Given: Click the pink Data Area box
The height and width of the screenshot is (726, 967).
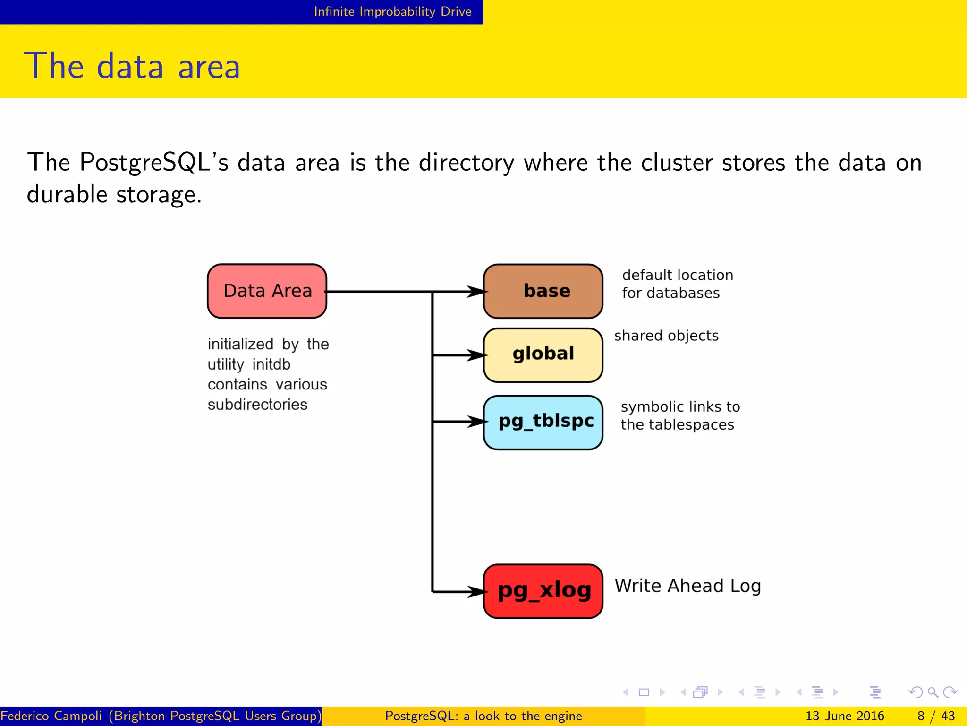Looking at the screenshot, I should pos(267,291).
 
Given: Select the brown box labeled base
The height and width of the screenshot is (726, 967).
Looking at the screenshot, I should pos(543,291).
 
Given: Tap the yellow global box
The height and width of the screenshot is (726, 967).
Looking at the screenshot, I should pos(543,355).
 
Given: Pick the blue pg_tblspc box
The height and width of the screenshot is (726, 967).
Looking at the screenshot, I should pos(543,422).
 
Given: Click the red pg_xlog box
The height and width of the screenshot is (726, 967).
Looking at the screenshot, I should pos(543,591).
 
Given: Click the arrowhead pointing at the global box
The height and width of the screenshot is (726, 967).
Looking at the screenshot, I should pos(476,355).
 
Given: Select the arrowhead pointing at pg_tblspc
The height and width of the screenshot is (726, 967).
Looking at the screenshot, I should pos(476,421).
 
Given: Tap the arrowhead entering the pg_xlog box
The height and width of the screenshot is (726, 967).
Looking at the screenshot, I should pos(476,591).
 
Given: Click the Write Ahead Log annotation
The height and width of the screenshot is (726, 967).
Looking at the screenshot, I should pos(687,586).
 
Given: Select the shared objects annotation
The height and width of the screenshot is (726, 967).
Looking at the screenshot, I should pos(666,336).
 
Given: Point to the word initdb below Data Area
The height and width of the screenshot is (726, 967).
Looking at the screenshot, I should pos(271,364).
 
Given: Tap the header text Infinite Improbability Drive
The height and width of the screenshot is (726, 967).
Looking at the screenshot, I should pos(392,11).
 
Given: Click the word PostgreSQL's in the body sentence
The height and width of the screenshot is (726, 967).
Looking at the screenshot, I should pos(154,163).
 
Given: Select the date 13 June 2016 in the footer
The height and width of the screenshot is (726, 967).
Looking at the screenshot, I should pos(844,716).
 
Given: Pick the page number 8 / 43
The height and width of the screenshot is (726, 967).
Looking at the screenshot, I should pos(936,716).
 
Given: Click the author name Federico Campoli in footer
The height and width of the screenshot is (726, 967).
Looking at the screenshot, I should pos(51,716).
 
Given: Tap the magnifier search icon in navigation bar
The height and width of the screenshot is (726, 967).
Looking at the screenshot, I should pos(933,692).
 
